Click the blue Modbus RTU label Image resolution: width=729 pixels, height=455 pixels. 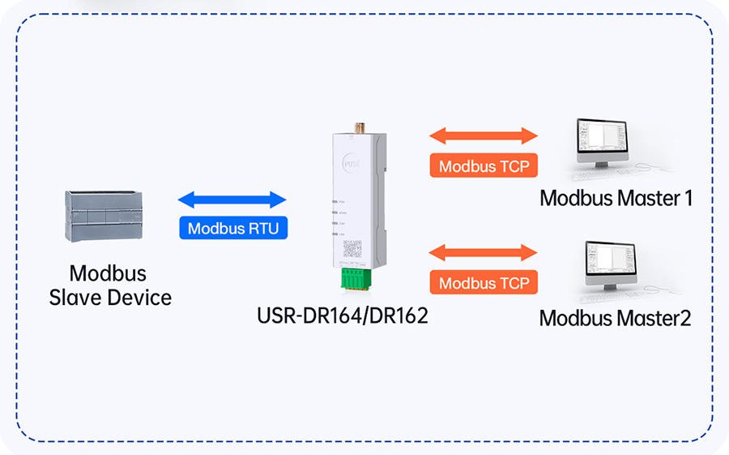tap(233, 229)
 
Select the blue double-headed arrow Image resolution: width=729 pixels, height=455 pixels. tap(232, 200)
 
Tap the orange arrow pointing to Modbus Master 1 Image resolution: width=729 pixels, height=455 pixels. tap(484, 135)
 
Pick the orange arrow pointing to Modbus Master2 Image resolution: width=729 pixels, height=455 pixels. tap(484, 252)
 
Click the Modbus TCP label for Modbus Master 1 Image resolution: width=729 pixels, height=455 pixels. tap(484, 167)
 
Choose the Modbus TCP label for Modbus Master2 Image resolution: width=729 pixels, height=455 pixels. tap(484, 283)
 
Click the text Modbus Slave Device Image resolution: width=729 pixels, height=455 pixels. tap(110, 285)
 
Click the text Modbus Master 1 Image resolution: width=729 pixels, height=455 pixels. tap(616, 198)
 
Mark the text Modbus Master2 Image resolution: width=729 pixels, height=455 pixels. tap(615, 318)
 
